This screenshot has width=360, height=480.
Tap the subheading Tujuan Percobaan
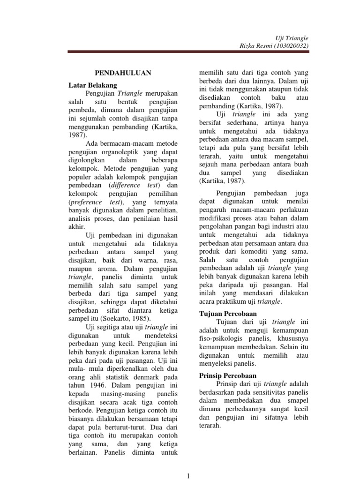228,313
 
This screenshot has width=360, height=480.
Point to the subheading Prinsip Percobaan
228,375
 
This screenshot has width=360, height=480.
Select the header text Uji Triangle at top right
295,37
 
